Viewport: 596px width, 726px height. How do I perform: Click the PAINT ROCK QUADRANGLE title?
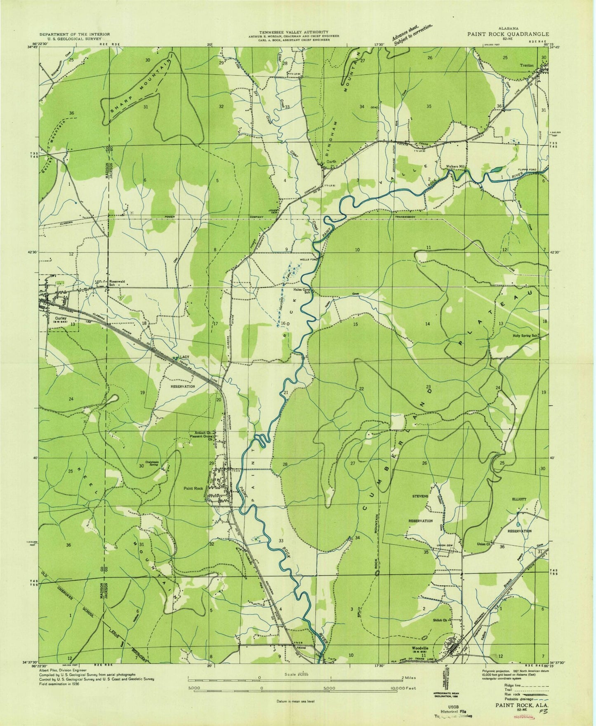click(x=508, y=34)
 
